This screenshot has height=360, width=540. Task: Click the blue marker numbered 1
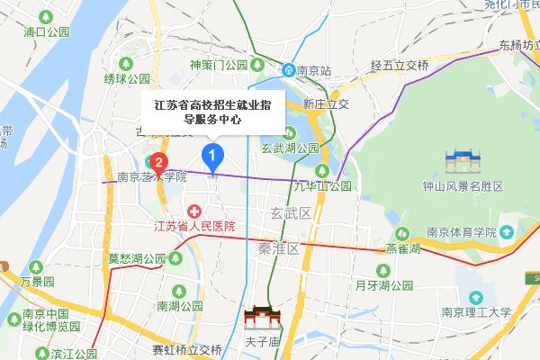click(211, 157)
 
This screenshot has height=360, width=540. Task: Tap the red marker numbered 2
click(158, 163)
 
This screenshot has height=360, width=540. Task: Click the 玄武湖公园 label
click(290, 148)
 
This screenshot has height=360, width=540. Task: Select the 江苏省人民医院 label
click(194, 226)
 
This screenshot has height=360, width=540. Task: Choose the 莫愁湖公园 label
click(138, 258)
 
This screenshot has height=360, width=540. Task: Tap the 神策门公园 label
click(219, 65)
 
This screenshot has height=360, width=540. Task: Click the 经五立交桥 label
click(400, 66)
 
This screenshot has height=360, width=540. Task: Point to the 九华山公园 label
click(320, 186)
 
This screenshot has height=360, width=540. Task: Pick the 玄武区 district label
click(290, 213)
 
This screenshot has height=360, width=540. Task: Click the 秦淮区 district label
click(277, 247)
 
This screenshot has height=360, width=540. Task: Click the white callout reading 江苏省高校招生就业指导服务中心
click(213, 111)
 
